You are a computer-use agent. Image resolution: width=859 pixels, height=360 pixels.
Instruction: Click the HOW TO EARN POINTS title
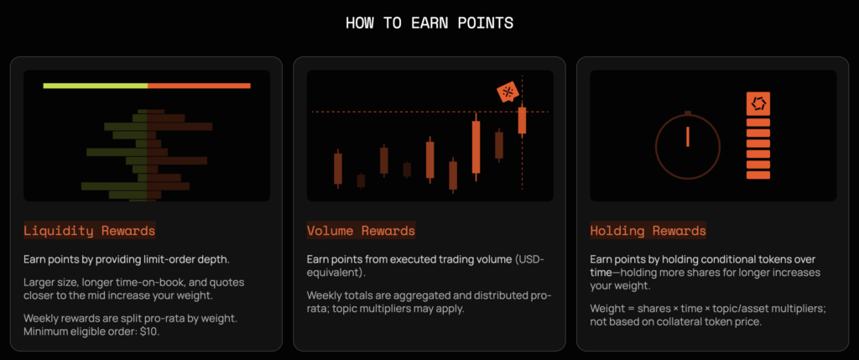429,23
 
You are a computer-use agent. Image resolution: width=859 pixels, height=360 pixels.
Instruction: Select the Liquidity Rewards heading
89,231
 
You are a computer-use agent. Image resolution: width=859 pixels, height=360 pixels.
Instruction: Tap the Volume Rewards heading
361,231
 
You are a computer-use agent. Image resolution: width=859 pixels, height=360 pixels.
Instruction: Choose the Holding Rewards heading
648,231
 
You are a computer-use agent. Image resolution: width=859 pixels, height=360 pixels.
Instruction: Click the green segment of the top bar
96,86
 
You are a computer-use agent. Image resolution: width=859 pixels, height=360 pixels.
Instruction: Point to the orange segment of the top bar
199,86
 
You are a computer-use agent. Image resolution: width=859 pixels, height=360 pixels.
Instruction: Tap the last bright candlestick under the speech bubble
522,120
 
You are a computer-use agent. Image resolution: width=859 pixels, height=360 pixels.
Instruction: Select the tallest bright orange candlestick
476,147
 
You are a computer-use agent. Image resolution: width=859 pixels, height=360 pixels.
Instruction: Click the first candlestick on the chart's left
338,169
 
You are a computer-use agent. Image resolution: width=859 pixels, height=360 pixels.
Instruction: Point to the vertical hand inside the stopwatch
688,137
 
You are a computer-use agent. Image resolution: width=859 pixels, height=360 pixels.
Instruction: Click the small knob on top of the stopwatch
688,113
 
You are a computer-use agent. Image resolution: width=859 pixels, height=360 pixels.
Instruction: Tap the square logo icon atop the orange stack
758,103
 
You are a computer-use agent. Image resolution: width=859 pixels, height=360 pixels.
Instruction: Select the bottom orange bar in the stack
758,175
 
